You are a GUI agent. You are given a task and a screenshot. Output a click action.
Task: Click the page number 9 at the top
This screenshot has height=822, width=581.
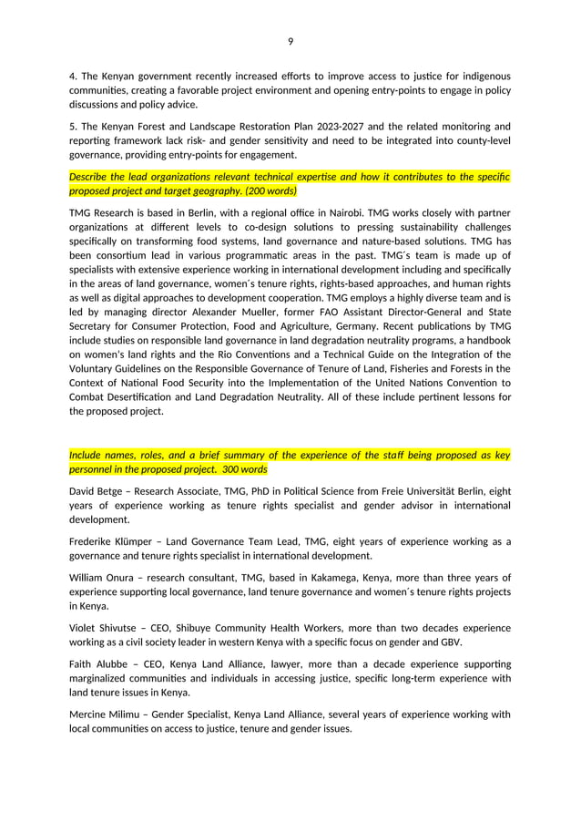pos(290,41)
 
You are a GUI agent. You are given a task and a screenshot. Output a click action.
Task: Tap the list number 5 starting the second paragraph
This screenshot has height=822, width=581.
pos(73,127)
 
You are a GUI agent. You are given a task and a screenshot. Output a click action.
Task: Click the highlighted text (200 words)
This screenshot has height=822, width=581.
pos(269,191)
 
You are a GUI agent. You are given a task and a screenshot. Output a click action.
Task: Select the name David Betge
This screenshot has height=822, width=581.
pos(96,492)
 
